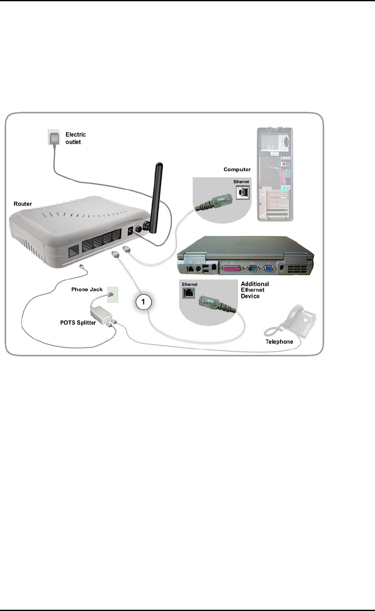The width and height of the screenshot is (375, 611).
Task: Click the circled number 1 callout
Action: click(143, 302)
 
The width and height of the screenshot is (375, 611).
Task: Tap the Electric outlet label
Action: click(75, 138)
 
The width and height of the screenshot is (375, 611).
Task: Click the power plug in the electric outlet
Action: click(54, 138)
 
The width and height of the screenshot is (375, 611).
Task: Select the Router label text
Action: click(23, 204)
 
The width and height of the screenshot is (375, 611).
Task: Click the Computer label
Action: click(237, 169)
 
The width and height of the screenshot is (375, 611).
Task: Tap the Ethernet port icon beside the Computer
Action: click(243, 192)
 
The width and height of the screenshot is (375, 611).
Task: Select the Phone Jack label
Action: click(87, 289)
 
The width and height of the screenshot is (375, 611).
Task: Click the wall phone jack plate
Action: click(112, 295)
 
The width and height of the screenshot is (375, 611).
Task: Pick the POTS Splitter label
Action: click(78, 322)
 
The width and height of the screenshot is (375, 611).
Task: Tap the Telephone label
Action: click(279, 342)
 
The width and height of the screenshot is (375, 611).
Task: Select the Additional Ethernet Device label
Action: click(255, 290)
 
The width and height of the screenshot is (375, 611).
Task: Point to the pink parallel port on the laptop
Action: click(232, 269)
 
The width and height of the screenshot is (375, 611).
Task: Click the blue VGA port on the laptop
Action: click(268, 269)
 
